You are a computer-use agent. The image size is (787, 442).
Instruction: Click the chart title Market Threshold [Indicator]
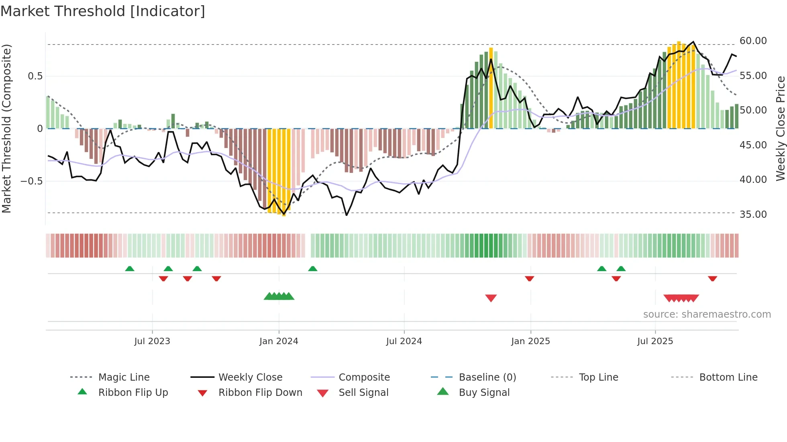(x=103, y=11)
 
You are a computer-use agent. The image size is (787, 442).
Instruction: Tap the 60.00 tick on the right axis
(x=753, y=41)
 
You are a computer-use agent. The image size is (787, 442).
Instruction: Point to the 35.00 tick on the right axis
(x=753, y=215)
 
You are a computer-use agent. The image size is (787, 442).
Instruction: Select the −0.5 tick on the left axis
(x=32, y=181)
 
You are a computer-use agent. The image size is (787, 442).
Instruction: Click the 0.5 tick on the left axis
(x=35, y=76)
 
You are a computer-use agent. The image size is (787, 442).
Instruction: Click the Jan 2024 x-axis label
(x=279, y=341)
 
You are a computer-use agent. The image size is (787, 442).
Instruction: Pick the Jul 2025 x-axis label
(x=655, y=341)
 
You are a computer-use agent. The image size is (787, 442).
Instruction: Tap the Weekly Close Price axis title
(x=780, y=128)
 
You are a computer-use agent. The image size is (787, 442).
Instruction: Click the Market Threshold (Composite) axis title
(x=6, y=128)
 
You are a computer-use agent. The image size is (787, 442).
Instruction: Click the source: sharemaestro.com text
(x=707, y=314)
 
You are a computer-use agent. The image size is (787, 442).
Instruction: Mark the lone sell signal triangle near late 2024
(x=491, y=298)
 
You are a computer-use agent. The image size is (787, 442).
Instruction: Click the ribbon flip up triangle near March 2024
(x=313, y=269)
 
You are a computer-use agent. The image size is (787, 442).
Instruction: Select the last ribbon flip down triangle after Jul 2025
(x=712, y=278)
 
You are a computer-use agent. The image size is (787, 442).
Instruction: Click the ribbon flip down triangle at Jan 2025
(x=529, y=278)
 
